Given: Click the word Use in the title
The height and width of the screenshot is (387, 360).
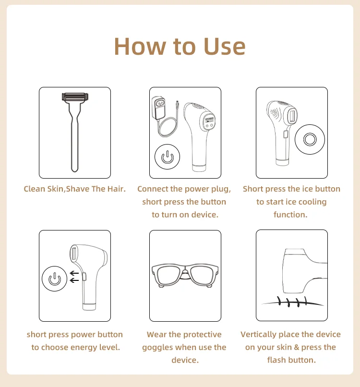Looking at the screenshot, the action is (225, 47).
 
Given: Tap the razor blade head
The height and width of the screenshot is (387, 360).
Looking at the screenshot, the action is (75, 97).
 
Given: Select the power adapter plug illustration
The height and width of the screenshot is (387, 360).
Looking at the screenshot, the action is (158, 108).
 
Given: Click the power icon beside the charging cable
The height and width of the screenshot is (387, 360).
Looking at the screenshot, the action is (168, 157).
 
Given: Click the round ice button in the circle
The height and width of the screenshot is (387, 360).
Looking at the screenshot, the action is (310, 139).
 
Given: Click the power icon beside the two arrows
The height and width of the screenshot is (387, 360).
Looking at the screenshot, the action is (55, 278).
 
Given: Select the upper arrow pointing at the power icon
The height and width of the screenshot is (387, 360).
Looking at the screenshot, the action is (74, 273).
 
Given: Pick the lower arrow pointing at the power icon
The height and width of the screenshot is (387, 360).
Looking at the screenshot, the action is (74, 280).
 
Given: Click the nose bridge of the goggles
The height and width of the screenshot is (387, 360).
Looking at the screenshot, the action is (185, 272).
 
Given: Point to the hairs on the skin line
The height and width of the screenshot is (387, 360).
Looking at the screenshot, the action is (292, 302).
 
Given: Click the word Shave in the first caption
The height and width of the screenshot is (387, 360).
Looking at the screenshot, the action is (77, 189).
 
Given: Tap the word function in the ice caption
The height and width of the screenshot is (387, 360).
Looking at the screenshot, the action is (290, 215).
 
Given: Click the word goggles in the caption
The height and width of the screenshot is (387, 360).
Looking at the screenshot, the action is (157, 348).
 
